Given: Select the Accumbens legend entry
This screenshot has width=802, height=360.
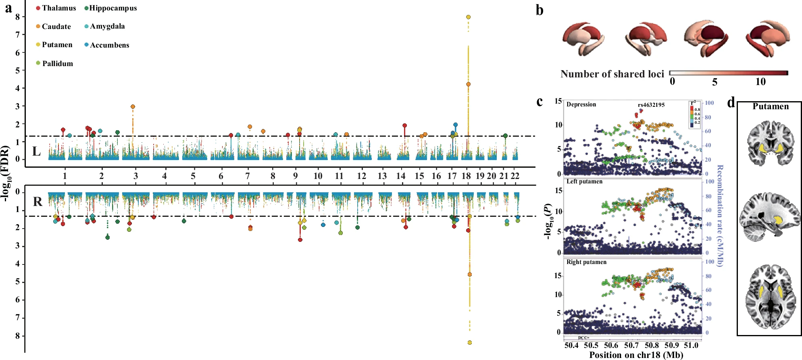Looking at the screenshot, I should [107, 45].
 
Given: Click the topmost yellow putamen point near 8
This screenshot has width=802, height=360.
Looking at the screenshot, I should [468, 17].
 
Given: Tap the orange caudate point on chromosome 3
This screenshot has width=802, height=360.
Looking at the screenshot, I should [133, 107].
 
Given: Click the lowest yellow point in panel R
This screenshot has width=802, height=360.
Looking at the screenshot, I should [470, 343].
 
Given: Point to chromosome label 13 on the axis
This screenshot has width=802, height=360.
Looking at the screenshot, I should [382, 176].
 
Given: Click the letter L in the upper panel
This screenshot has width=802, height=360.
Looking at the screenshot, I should [36, 152].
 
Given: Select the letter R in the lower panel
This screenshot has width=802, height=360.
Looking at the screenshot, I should [37, 202].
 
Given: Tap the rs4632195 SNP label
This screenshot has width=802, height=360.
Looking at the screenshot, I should [651, 105].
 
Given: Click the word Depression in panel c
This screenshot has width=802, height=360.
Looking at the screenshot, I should [581, 104].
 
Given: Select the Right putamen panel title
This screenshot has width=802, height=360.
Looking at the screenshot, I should [586, 262].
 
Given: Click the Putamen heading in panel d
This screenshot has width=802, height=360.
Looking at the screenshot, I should [770, 106].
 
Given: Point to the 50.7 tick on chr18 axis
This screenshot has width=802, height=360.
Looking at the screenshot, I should [631, 345].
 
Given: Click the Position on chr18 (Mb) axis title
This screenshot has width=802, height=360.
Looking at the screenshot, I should [636, 355].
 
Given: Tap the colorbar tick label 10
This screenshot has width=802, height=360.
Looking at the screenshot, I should [760, 82].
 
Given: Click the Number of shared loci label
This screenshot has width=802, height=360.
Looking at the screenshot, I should [612, 74].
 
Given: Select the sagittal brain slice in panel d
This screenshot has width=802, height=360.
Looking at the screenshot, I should [769, 218].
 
